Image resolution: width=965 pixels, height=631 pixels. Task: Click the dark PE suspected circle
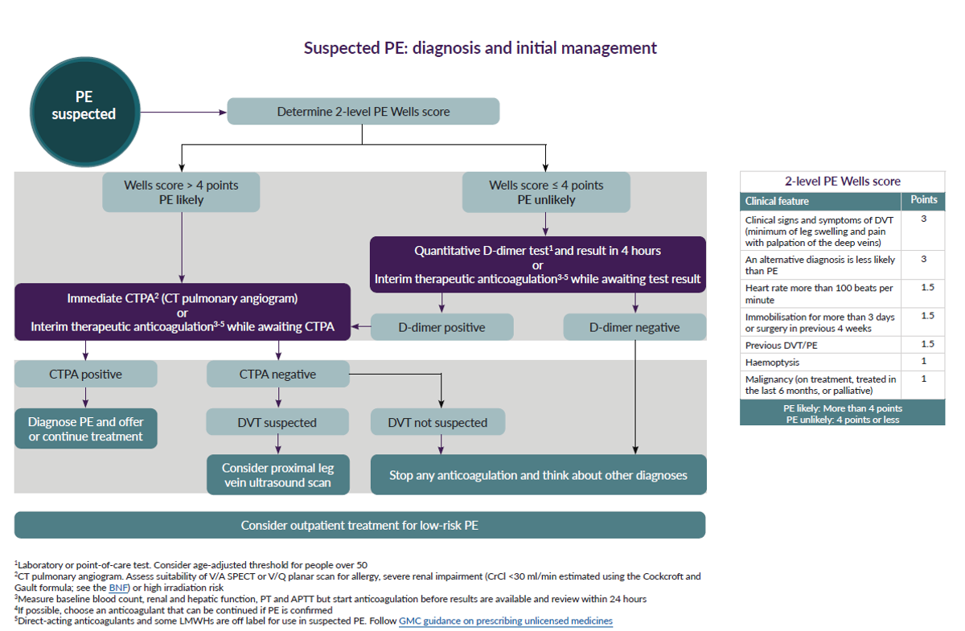point(84,106)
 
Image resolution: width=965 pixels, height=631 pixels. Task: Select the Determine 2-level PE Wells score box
point(363,112)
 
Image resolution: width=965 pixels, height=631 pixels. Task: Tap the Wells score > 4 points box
point(181,193)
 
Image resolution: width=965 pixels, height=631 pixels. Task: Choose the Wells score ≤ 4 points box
point(546,193)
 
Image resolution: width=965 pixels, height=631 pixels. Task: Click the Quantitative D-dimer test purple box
point(537,264)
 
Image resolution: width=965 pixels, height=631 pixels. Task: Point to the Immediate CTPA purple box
point(183,312)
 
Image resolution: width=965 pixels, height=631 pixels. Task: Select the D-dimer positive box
point(441,327)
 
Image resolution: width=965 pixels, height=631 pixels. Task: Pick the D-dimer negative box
point(634,327)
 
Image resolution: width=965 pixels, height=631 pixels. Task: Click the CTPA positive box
point(85,374)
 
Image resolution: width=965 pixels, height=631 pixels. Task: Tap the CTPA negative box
point(277,374)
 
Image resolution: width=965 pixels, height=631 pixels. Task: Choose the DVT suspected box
point(277,422)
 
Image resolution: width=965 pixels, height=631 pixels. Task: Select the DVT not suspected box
point(437,422)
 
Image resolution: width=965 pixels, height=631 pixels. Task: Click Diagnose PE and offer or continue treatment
point(85,428)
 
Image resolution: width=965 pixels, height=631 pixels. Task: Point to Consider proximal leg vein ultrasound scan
point(277,475)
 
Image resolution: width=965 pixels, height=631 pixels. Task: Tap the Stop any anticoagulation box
point(538,475)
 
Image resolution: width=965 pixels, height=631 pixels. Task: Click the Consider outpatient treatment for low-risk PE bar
point(359,525)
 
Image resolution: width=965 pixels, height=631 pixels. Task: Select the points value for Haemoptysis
point(922,362)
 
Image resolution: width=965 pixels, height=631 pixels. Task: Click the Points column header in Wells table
point(922,200)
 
